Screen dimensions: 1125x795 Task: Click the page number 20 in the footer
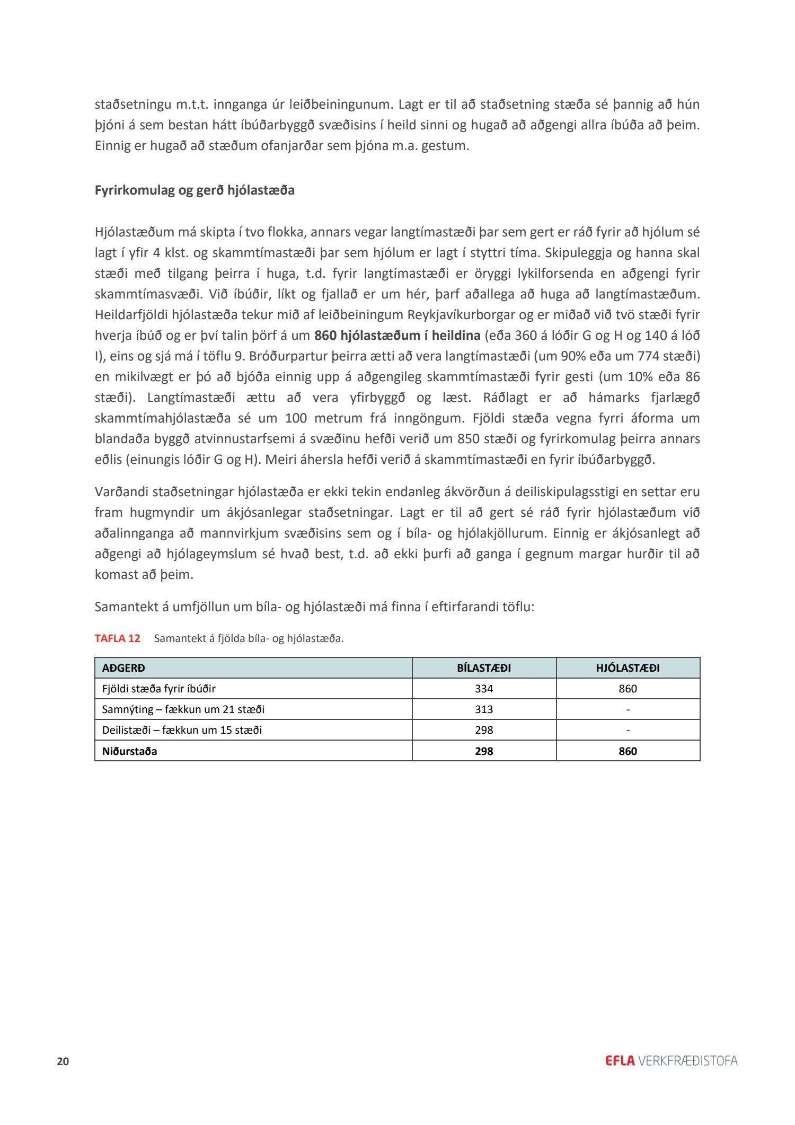point(63,1061)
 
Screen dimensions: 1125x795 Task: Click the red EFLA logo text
point(620,1061)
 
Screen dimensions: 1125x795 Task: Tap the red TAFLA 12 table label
point(118,638)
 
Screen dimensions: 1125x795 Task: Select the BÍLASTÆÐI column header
point(484,668)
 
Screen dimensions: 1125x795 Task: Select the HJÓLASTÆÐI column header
point(628,668)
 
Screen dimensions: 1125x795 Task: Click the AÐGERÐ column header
point(123,668)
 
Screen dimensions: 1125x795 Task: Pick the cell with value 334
point(484,689)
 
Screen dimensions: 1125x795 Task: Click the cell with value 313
point(484,709)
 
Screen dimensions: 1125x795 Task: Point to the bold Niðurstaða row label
point(129,751)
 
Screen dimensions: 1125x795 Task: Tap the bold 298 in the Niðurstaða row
point(484,751)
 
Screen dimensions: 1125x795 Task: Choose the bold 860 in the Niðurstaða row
point(628,751)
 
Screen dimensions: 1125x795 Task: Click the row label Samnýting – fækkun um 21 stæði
point(183,709)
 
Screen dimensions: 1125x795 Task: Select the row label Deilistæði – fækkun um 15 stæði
point(182,730)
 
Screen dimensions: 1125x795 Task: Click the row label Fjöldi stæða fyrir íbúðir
point(158,689)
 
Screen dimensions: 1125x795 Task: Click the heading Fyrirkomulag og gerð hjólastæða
point(195,190)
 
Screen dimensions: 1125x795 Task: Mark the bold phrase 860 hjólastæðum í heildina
point(397,336)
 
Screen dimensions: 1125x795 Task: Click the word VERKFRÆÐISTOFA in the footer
point(688,1061)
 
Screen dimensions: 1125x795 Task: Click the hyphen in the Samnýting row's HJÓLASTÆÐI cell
point(628,709)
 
